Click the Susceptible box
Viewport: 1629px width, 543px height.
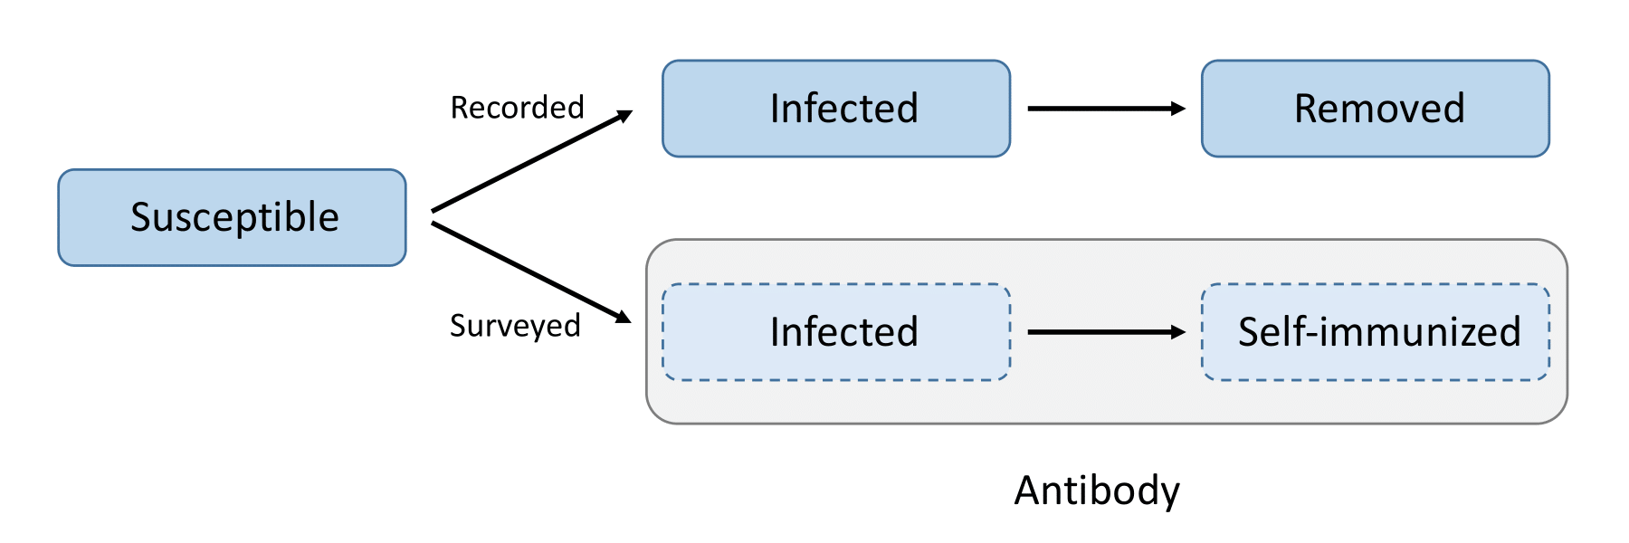point(232,217)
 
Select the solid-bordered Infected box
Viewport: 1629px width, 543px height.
point(836,109)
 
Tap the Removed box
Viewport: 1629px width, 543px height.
point(1376,109)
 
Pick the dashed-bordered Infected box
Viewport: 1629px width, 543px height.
point(836,332)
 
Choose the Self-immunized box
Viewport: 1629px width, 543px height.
point(1376,332)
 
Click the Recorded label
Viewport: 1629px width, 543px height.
point(518,108)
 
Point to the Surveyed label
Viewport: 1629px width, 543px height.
point(515,325)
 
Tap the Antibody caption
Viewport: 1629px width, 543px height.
point(1097,491)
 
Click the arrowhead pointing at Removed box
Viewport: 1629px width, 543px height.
point(1177,109)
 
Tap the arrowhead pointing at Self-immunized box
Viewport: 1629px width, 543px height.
point(1177,332)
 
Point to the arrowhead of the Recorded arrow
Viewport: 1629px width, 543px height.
point(624,115)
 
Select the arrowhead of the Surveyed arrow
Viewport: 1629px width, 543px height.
point(623,317)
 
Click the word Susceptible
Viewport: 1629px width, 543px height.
point(234,217)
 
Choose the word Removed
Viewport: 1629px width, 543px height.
point(1379,109)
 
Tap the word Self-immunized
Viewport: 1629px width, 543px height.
point(1379,332)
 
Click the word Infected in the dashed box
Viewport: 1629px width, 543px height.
point(843,332)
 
